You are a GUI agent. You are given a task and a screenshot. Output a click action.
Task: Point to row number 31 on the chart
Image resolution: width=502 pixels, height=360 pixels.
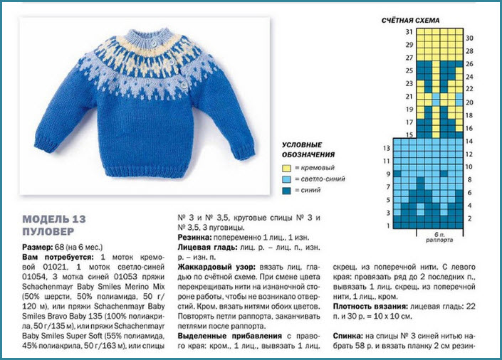[x=409, y=32]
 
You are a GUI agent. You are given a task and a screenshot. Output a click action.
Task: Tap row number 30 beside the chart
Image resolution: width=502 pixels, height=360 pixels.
[x=470, y=37]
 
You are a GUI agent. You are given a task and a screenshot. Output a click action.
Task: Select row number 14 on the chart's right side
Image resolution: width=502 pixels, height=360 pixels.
[x=470, y=142]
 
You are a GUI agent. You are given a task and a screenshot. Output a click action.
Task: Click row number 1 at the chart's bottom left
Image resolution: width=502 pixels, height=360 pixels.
[x=387, y=225]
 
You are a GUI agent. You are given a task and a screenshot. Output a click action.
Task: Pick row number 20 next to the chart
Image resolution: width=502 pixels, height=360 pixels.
[x=470, y=102]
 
